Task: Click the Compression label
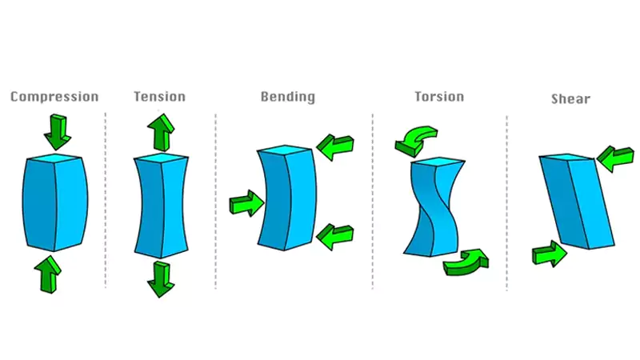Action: tap(54, 97)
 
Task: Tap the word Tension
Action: tap(159, 97)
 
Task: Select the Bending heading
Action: tap(287, 97)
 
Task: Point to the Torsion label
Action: tap(438, 97)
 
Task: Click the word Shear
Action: tap(570, 99)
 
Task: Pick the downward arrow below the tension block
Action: tap(161, 278)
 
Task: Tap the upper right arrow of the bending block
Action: tap(335, 146)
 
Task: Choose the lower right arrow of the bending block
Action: tap(335, 236)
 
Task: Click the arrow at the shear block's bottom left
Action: tap(550, 254)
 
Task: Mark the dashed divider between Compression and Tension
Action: tap(106, 200)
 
